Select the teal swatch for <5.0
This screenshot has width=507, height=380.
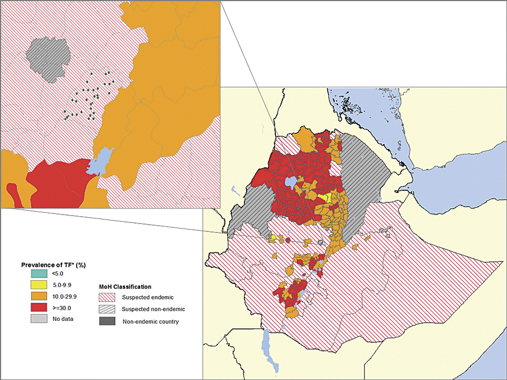(38, 274)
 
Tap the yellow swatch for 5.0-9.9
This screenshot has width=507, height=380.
(38, 285)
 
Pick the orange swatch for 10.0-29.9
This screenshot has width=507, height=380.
(38, 296)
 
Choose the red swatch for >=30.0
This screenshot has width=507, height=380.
(38, 307)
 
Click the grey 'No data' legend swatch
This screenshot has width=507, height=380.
(38, 319)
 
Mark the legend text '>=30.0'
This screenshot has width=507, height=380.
(62, 307)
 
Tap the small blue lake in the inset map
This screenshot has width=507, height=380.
(100, 162)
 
